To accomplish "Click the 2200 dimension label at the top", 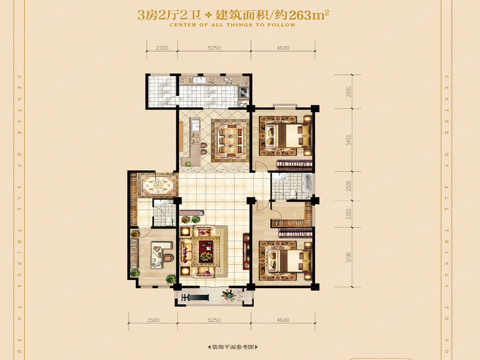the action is pyautogui.click(x=162, y=48).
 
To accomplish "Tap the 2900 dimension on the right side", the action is pyautogui.click(x=348, y=92).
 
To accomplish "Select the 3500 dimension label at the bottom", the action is pyautogui.click(x=153, y=320).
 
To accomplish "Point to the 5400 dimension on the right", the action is pyautogui.click(x=348, y=140).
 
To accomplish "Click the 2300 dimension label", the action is pyautogui.click(x=348, y=214).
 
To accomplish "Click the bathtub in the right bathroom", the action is pyautogui.click(x=307, y=183).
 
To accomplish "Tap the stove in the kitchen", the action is pyautogui.click(x=244, y=92).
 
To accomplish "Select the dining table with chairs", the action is pyautogui.click(x=230, y=140).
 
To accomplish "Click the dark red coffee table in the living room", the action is pyautogui.click(x=206, y=251).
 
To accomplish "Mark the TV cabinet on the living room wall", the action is pyautogui.click(x=246, y=251).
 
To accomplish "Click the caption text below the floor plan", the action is pyautogui.click(x=233, y=347).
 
